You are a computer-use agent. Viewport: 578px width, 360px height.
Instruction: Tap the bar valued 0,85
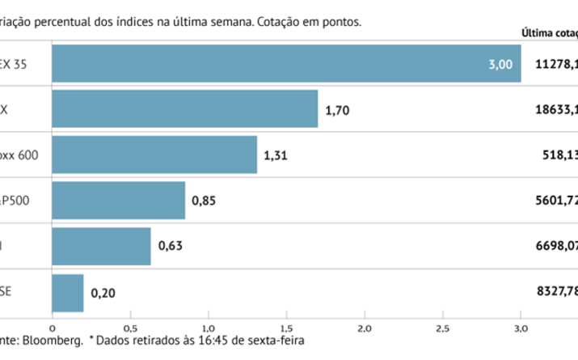[118, 200]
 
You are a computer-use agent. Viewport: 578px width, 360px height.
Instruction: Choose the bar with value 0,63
[101, 245]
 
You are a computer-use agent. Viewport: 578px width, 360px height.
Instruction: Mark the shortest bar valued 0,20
[67, 291]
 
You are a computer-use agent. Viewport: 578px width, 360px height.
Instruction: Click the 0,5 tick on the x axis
[130, 328]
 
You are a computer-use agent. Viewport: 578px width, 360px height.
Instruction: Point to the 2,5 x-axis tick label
[442, 328]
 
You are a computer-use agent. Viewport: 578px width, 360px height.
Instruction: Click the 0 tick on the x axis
[52, 328]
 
